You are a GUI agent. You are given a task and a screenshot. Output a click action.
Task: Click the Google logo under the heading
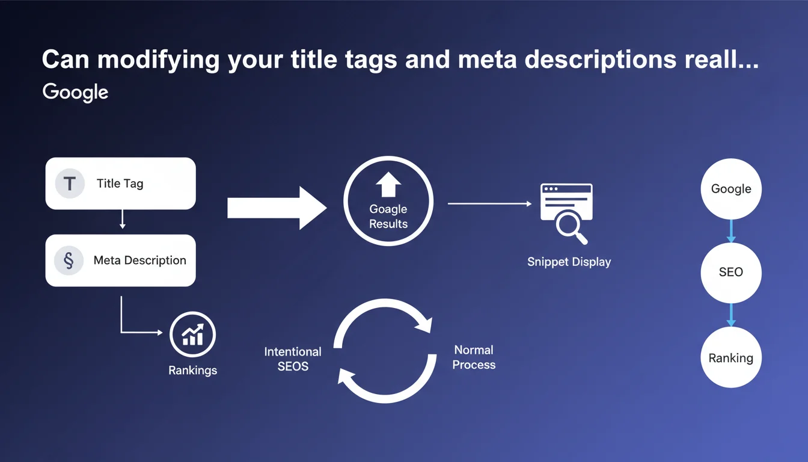75,93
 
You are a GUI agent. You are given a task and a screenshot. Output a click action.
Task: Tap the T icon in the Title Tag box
70,183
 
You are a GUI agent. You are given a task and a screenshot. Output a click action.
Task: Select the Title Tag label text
120,183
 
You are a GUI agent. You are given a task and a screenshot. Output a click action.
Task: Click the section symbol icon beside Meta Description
69,260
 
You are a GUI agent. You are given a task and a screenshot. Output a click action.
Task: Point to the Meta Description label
140,260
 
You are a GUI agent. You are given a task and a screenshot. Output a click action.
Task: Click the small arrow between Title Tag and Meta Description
122,219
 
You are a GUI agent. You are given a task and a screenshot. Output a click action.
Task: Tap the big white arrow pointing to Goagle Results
277,208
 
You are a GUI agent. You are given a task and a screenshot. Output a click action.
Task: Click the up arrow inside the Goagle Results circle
388,185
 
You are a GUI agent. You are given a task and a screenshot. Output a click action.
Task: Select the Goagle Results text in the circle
388,216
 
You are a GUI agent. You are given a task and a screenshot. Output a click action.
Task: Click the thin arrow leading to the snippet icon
490,203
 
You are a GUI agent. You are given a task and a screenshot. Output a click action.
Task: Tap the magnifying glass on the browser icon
572,228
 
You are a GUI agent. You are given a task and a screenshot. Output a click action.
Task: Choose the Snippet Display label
569,262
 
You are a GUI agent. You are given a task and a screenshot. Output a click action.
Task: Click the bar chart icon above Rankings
192,334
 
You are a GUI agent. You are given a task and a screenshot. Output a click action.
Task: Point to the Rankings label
192,371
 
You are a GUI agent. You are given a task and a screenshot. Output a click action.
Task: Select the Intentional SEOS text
293,359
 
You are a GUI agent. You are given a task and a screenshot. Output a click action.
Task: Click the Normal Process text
474,357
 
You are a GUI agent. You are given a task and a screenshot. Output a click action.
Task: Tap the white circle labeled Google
731,189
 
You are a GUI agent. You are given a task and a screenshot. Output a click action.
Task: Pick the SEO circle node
731,273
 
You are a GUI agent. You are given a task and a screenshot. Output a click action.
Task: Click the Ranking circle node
731,357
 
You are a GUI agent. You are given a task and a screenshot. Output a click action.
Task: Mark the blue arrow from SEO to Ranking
731,315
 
